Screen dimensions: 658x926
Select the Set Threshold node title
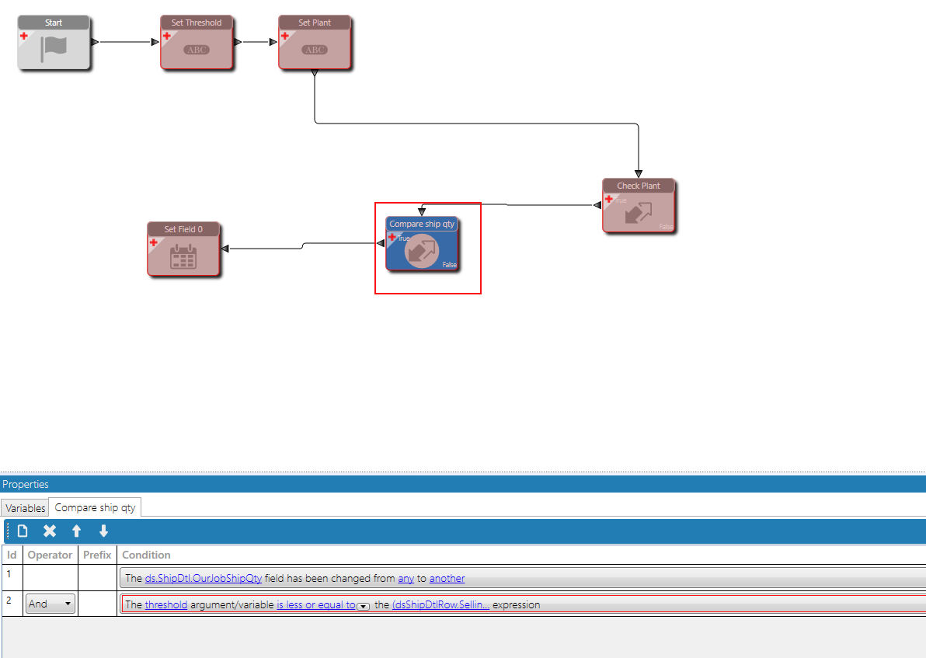pyautogui.click(x=196, y=23)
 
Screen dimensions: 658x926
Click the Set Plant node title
pyautogui.click(x=315, y=23)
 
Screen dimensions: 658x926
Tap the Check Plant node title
pyautogui.click(x=639, y=186)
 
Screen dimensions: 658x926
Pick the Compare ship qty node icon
pyautogui.click(x=422, y=250)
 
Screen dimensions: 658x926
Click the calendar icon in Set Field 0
pyautogui.click(x=183, y=256)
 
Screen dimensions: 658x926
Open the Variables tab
pyautogui.click(x=25, y=508)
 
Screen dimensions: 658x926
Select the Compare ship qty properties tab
pyautogui.click(x=95, y=508)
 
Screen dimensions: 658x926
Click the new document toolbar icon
pyautogui.click(x=23, y=531)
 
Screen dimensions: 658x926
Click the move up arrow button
pyautogui.click(x=76, y=531)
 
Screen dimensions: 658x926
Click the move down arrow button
pyautogui.click(x=103, y=531)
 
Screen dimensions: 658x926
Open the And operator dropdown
pyautogui.click(x=50, y=604)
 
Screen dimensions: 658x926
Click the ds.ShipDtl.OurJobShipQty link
pyautogui.click(x=204, y=578)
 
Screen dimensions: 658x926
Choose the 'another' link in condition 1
pyautogui.click(x=447, y=578)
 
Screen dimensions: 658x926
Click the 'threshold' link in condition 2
pyautogui.click(x=165, y=604)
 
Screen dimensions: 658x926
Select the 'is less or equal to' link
pyautogui.click(x=315, y=604)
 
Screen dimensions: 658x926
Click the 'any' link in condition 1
pyautogui.click(x=406, y=578)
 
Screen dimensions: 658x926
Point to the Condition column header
pyautogui.click(x=146, y=555)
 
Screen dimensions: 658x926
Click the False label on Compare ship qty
pyautogui.click(x=449, y=265)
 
